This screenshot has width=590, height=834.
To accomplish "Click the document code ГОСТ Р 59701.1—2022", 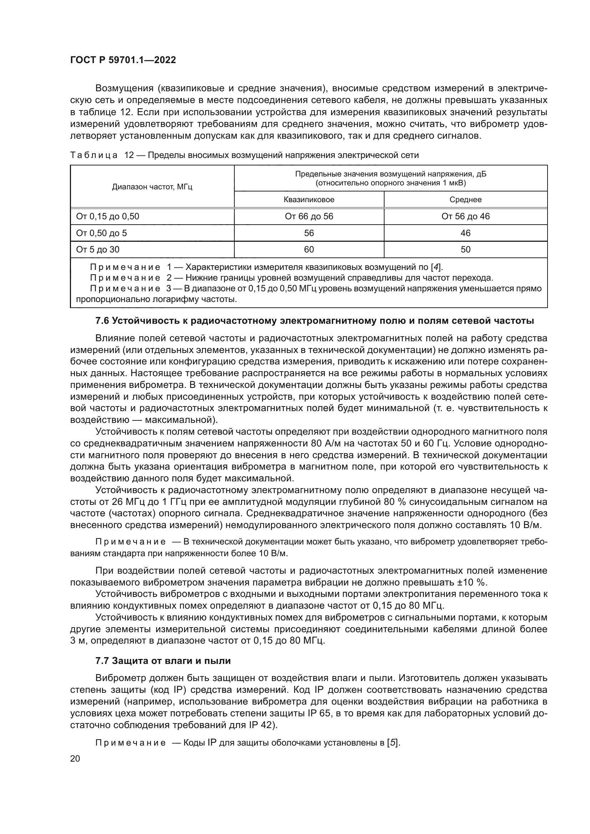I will coord(123,60).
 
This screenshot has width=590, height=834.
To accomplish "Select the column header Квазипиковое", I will coord(309,200).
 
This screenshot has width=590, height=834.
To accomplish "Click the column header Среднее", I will coord(466,200).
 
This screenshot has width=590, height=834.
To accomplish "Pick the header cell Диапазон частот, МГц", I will coord(152,187).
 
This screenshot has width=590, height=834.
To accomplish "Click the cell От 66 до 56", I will coord(309,216).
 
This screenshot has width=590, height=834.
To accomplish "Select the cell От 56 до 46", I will coord(466,216).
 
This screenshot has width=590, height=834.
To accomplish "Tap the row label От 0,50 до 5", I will coord(101,233).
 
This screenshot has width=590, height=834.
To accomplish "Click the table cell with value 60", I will coord(309,250).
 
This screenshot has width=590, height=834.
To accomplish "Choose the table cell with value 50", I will coord(466,250).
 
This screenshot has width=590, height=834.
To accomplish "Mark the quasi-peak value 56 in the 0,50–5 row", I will coord(309,233).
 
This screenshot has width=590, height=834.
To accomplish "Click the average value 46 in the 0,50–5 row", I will coord(466,233).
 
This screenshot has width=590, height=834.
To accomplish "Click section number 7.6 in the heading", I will coord(102,321).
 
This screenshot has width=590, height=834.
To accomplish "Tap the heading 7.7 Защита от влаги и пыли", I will coord(163,661).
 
